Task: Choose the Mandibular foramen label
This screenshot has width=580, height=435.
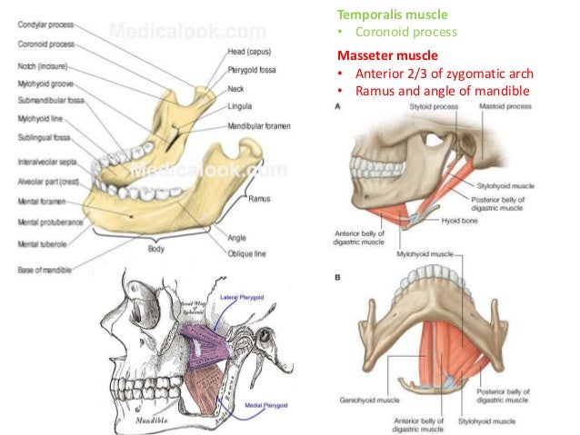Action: click(258, 126)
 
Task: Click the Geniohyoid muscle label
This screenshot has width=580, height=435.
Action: click(364, 397)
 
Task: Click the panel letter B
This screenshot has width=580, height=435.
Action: click(338, 279)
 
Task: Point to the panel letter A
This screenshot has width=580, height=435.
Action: click(339, 107)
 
